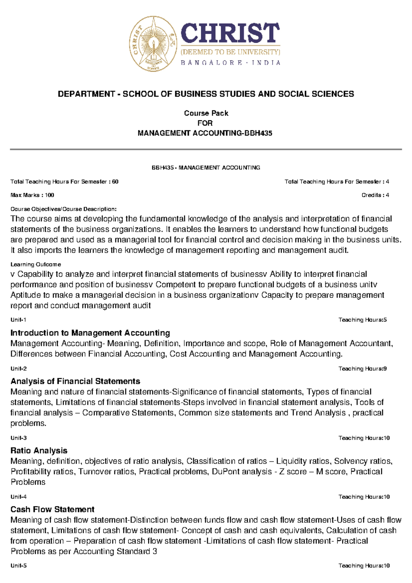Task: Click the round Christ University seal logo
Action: pos(153,44)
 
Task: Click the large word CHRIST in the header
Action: pos(230,33)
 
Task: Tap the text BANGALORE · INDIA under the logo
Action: pos(230,63)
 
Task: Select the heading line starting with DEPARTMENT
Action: pos(206,94)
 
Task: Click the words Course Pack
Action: pos(206,113)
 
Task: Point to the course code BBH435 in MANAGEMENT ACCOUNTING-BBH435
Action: pos(258,133)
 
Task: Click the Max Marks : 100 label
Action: pos(32,195)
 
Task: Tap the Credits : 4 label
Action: pos(375,195)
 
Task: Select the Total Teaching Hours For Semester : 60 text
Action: pos(65,182)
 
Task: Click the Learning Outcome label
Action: pos(36,264)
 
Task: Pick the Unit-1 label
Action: pos(19,320)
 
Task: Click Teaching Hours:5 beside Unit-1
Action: pos(363,320)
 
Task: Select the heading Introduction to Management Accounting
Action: pos(90,333)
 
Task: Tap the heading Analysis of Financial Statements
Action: pos(75,381)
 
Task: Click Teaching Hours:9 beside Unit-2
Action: pos(363,368)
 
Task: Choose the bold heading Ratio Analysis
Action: pos(39,450)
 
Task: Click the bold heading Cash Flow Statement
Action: pos(52,509)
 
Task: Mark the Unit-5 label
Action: pos(19,565)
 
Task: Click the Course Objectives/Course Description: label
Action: pos(64,209)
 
